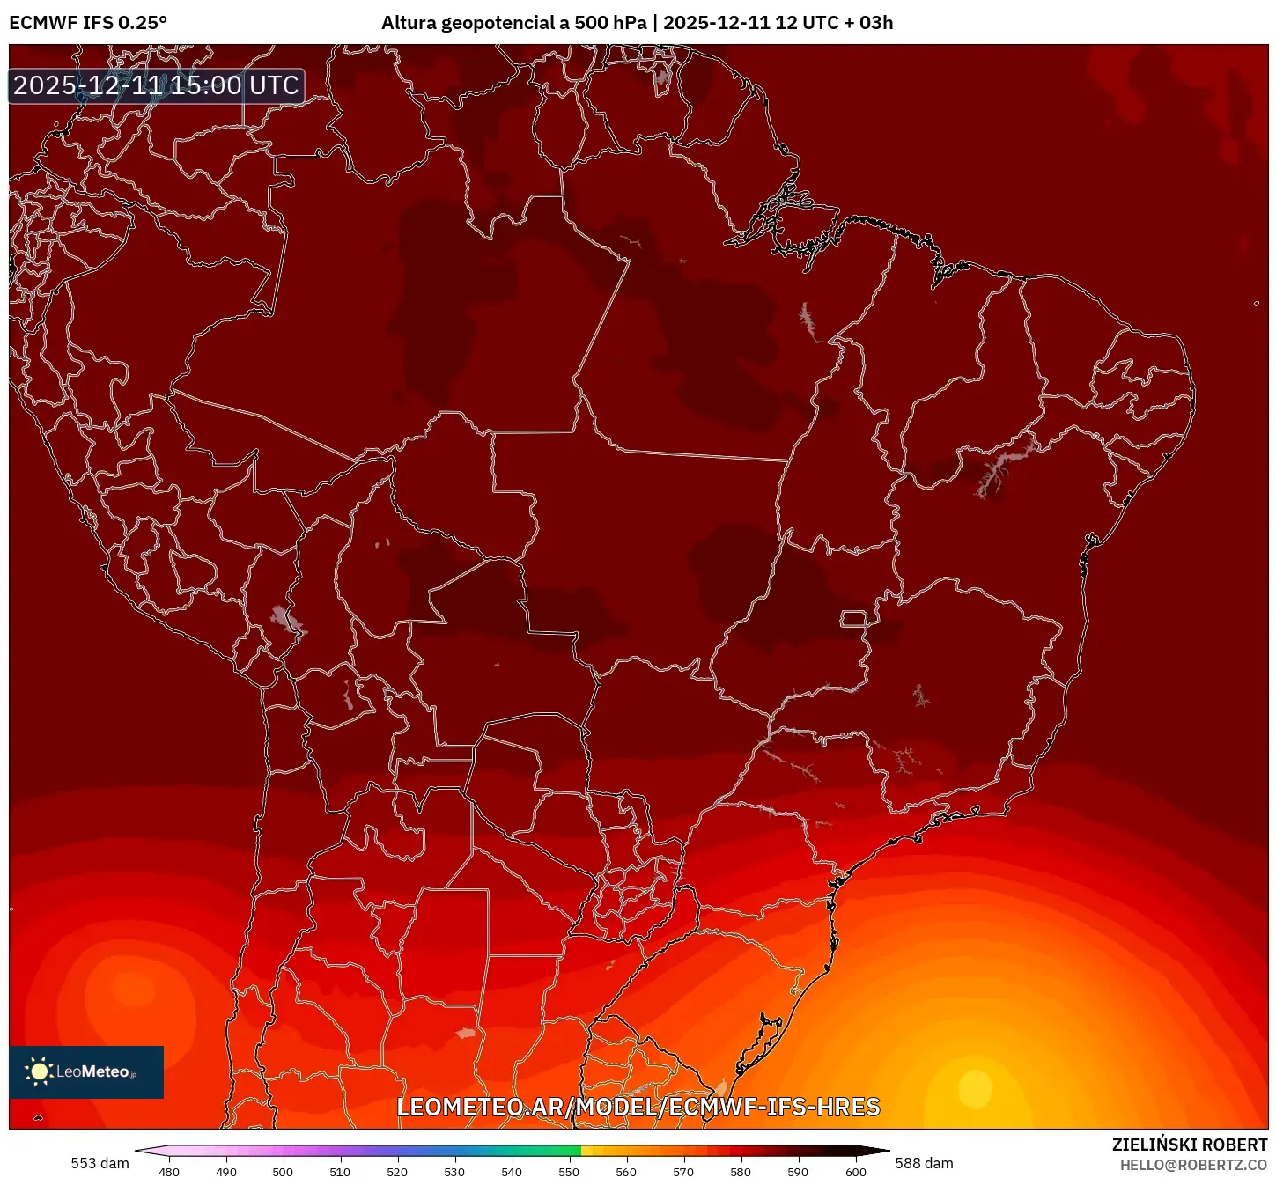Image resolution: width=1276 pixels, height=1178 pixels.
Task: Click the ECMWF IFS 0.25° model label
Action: click(x=88, y=23)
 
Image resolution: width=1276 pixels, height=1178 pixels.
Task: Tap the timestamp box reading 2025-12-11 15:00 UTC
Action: click(x=157, y=86)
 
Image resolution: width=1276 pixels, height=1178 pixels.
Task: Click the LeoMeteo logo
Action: click(x=86, y=1071)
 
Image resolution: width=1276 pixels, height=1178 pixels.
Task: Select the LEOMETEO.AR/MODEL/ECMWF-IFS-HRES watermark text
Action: click(x=638, y=1107)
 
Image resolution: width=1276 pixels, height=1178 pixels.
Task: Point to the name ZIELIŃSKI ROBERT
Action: click(x=1189, y=1145)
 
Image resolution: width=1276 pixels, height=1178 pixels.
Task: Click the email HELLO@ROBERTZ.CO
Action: click(x=1193, y=1165)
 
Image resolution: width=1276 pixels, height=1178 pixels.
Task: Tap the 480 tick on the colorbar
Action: click(x=169, y=1172)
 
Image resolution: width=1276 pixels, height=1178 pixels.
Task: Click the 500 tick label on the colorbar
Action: click(x=283, y=1172)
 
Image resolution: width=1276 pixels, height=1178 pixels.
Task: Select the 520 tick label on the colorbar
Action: click(x=397, y=1172)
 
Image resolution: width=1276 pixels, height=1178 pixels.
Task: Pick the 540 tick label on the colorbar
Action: click(x=512, y=1172)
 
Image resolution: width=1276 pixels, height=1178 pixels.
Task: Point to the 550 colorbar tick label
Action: click(x=569, y=1172)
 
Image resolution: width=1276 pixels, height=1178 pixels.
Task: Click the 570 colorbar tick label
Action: click(x=683, y=1172)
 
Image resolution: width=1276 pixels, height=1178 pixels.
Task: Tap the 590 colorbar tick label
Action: click(x=798, y=1172)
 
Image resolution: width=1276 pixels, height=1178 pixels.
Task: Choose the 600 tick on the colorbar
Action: click(x=855, y=1172)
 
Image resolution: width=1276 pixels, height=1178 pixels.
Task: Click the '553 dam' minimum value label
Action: click(x=100, y=1163)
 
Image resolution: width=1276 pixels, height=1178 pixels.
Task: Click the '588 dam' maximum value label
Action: click(x=924, y=1163)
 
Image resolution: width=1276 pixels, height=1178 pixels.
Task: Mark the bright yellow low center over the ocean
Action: click(x=975, y=1088)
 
